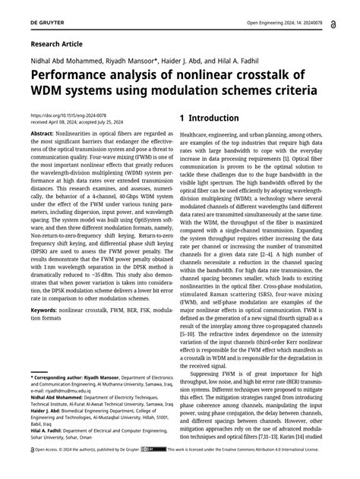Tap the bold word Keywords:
pos(46,310)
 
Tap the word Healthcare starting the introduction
pos(197,134)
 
